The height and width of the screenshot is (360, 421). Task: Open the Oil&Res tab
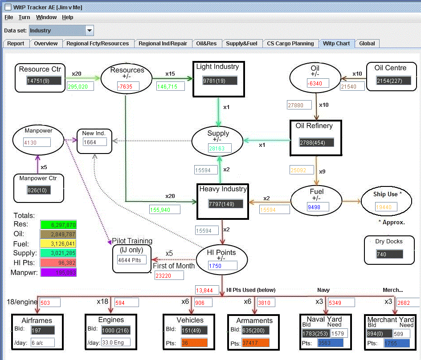tap(206, 44)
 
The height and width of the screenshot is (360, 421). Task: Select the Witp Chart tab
tap(336, 44)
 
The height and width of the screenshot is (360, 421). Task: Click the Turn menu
tap(25, 17)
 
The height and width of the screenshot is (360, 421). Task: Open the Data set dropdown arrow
tap(90, 31)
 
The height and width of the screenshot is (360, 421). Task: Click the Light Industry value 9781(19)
tap(220, 81)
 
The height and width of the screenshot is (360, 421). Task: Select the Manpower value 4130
tap(37, 142)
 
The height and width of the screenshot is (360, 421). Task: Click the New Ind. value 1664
tap(95, 142)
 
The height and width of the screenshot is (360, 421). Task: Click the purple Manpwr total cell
tap(58, 272)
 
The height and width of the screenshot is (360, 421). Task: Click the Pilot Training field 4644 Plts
tap(131, 259)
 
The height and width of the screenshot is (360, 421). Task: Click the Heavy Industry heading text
tap(223, 189)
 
